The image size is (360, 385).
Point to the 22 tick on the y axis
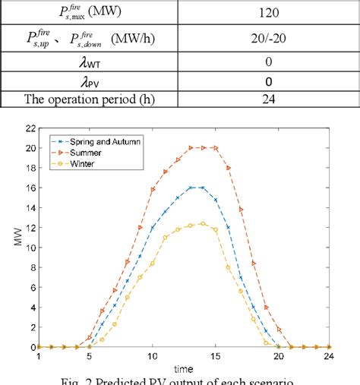pos(30,128)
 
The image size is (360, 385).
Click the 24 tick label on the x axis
pos(329,356)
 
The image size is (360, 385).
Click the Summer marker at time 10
pos(153,189)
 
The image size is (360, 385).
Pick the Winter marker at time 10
pos(153,264)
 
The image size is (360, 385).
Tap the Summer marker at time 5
pos(90,336)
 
